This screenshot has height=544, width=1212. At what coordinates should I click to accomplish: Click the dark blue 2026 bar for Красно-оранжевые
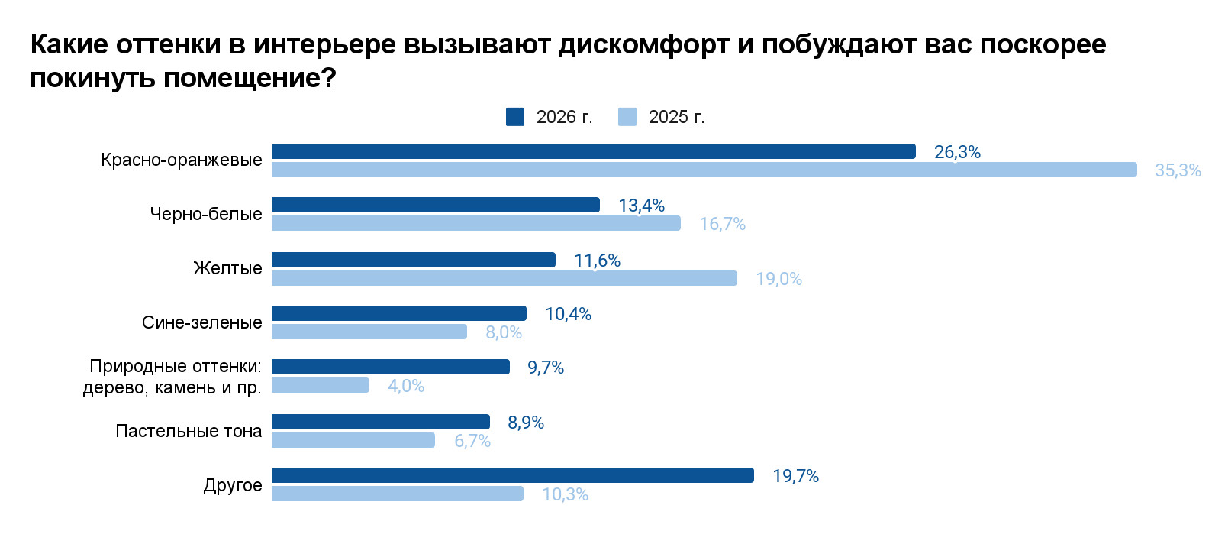[593, 151]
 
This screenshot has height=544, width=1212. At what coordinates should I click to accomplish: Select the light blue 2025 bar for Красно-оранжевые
[704, 170]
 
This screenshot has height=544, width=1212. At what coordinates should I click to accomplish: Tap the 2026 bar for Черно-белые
[435, 205]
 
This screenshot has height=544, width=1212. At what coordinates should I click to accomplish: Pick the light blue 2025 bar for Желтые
[504, 278]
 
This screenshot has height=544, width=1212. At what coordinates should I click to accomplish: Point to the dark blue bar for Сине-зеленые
[398, 313]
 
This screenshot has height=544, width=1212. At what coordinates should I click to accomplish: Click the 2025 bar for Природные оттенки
[320, 385]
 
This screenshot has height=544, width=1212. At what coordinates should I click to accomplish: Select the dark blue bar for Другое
[512, 475]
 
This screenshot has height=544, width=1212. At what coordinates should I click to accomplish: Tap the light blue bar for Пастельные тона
[353, 440]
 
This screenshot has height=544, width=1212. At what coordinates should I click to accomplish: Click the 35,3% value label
[1177, 170]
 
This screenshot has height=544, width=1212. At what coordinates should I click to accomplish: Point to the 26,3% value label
[957, 152]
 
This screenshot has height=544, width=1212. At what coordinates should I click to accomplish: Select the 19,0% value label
[778, 279]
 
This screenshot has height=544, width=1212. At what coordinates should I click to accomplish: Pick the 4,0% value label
[405, 386]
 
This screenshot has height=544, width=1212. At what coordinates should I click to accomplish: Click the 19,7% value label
[795, 476]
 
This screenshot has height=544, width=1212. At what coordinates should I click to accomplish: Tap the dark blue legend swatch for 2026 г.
[515, 117]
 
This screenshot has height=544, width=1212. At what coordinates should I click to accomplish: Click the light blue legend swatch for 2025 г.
[627, 117]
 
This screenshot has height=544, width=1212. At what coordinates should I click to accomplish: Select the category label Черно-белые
[205, 214]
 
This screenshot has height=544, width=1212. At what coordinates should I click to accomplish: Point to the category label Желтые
[227, 268]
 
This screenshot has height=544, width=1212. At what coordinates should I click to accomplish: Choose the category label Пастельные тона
[189, 431]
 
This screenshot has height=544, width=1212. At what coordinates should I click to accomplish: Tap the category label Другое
[232, 485]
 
